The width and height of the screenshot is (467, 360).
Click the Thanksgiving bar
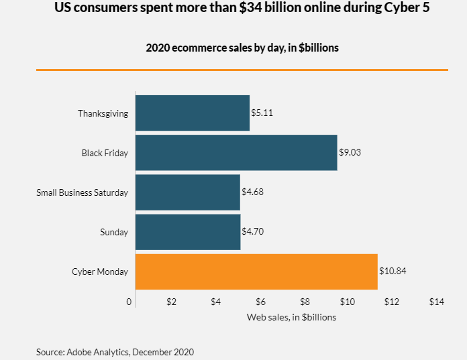(193, 113)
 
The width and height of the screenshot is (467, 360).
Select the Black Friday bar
(236, 152)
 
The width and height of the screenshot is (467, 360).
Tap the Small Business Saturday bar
(188, 192)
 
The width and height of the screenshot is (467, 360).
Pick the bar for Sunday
(188, 232)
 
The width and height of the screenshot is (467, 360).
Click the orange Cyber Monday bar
(256, 272)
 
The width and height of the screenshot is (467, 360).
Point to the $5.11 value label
(262, 113)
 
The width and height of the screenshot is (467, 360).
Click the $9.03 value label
(350, 152)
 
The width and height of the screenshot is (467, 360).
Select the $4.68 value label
(252, 192)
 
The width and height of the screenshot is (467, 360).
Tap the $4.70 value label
(253, 232)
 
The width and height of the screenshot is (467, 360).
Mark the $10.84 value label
(393, 272)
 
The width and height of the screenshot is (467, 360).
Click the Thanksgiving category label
(103, 113)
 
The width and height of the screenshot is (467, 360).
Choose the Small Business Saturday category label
(82, 193)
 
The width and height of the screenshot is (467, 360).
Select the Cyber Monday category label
(100, 272)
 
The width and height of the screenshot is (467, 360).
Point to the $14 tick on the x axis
(437, 302)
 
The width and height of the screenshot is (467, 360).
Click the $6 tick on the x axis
(260, 302)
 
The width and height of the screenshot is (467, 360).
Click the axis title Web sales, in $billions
(291, 317)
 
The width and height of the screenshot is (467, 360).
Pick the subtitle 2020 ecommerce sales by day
(242, 48)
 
